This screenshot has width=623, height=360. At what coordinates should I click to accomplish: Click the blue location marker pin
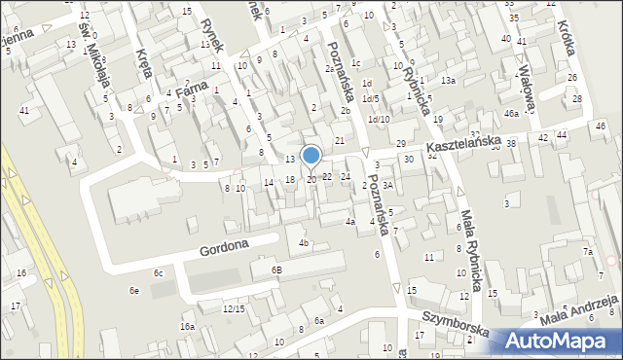tap(311, 156)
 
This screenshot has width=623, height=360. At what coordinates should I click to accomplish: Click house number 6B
tap(276, 270)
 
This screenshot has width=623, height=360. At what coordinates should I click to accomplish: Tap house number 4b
tap(304, 242)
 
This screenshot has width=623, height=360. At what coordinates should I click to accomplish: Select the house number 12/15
tap(233, 308)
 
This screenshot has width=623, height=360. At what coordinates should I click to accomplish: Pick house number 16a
tap(187, 327)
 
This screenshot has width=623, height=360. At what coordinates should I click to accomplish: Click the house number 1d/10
tap(380, 120)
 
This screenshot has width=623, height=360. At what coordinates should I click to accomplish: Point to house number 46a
tap(511, 114)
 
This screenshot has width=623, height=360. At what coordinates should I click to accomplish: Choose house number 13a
tap(447, 81)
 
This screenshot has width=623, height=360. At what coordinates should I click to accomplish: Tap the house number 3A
tap(386, 185)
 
